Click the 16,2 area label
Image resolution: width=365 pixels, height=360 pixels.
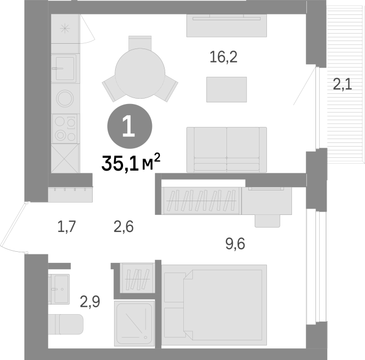[223, 57]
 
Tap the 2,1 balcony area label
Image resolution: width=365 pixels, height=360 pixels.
[342, 84]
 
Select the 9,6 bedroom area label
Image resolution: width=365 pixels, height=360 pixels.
[236, 244]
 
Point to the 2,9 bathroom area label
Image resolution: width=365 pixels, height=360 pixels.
[90, 302]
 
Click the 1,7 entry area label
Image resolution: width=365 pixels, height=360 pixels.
[67, 227]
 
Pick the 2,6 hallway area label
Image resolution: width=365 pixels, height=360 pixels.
[124, 227]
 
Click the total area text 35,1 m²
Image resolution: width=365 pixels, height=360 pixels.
[131, 163]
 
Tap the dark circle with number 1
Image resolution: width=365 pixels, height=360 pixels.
[129, 126]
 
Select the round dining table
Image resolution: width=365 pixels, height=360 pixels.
[140, 74]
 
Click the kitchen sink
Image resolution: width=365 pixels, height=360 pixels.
[64, 68]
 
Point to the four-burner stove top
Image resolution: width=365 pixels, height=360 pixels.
[64, 129]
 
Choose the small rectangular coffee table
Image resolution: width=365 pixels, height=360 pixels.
[226, 90]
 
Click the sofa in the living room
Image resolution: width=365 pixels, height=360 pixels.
[227, 150]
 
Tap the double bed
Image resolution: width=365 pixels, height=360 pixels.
[214, 305]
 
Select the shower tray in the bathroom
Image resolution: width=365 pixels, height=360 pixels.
[134, 323]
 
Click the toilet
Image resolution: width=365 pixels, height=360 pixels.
[66, 324]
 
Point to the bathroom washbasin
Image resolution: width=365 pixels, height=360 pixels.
[60, 289]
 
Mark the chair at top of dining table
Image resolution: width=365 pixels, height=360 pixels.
[140, 43]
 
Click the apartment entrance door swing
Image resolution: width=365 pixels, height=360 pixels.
[13, 228]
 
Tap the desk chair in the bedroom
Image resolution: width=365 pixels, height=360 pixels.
[267, 221]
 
